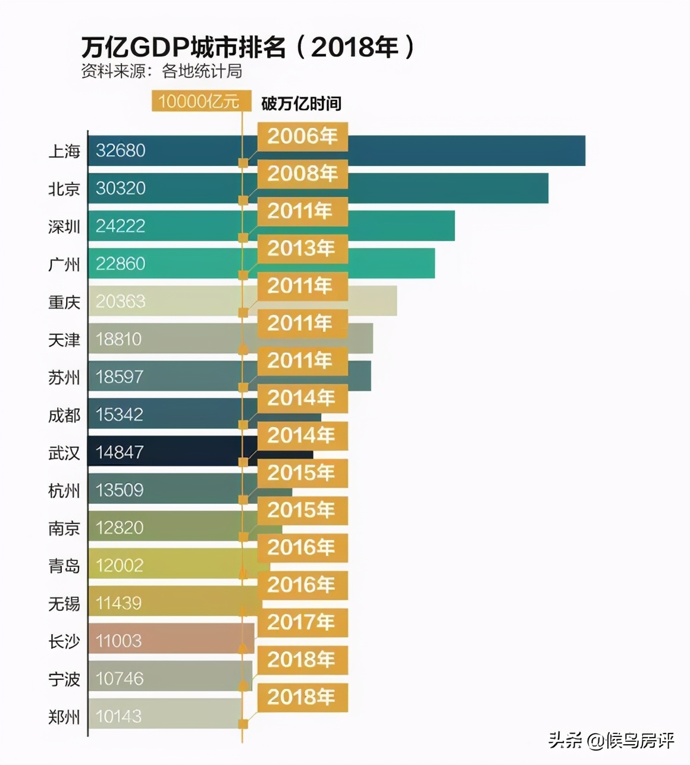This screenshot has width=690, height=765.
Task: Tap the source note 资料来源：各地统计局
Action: pyautogui.click(x=162, y=71)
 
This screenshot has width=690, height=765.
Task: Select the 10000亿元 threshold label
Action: pyautogui.click(x=199, y=102)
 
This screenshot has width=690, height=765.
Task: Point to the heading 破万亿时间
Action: pyautogui.click(x=301, y=104)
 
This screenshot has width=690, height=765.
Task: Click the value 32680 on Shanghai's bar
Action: pyautogui.click(x=120, y=151)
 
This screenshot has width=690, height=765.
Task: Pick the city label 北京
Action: pyautogui.click(x=64, y=189)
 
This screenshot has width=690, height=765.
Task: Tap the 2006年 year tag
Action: pyautogui.click(x=302, y=136)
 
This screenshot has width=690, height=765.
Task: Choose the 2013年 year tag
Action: pyautogui.click(x=302, y=249)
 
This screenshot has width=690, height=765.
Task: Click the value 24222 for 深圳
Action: pyautogui.click(x=120, y=226)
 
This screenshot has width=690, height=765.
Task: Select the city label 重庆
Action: pyautogui.click(x=64, y=302)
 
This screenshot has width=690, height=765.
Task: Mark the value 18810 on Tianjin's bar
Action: pyautogui.click(x=119, y=339)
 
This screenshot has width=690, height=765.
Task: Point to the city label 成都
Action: pyautogui.click(x=64, y=415)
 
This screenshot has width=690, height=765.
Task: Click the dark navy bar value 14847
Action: pyautogui.click(x=120, y=452)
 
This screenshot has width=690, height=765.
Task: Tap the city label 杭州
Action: pyautogui.click(x=64, y=491)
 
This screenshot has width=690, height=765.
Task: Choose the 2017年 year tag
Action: pyautogui.click(x=302, y=622)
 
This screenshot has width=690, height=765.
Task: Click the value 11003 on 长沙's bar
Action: pyautogui.click(x=119, y=641)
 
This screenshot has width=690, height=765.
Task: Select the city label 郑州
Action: pyautogui.click(x=64, y=717)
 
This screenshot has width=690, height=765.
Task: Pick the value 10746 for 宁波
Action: pyautogui.click(x=120, y=678)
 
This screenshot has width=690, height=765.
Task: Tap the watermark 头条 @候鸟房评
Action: pyautogui.click(x=611, y=740)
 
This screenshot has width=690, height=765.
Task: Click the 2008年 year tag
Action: pyautogui.click(x=302, y=174)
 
